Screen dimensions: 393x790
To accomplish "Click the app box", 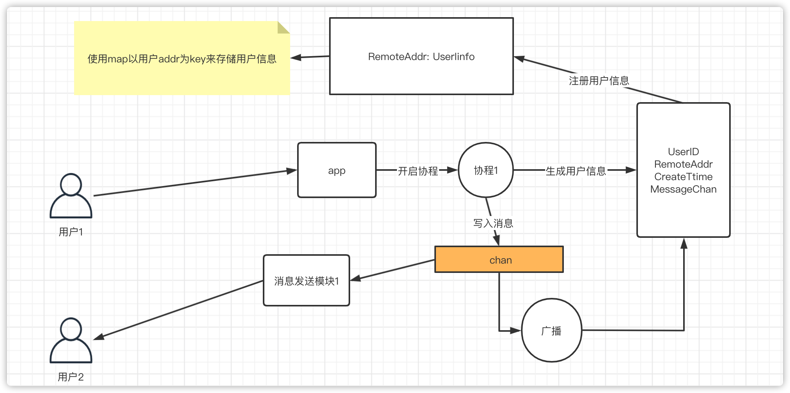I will pyautogui.click(x=337, y=170).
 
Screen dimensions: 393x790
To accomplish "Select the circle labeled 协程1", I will pyautogui.click(x=485, y=170).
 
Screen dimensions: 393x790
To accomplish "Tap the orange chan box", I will pyautogui.click(x=499, y=260).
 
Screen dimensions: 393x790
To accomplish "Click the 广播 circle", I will pyautogui.click(x=551, y=331).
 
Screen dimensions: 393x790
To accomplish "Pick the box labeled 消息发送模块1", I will pyautogui.click(x=306, y=281).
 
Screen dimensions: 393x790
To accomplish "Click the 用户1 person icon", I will pyautogui.click(x=71, y=196).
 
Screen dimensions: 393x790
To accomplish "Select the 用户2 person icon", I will pyautogui.click(x=71, y=341).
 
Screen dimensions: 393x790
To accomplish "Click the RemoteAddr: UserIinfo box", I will pyautogui.click(x=421, y=57).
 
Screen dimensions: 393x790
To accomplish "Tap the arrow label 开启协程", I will pyautogui.click(x=418, y=171).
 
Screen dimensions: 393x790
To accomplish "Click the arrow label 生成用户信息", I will pyautogui.click(x=576, y=171).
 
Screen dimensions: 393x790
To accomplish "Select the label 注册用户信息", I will pyautogui.click(x=599, y=81).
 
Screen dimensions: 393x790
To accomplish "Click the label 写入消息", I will pyautogui.click(x=493, y=223).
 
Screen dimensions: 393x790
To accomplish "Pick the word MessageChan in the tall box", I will pyautogui.click(x=683, y=189).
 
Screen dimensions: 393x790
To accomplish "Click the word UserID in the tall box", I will pyautogui.click(x=683, y=152).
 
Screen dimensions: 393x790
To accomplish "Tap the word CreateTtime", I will pyautogui.click(x=683, y=177).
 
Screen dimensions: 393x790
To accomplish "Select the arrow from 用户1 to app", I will pyautogui.click(x=195, y=183).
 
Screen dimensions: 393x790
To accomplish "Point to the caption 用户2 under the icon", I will pyautogui.click(x=71, y=377).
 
